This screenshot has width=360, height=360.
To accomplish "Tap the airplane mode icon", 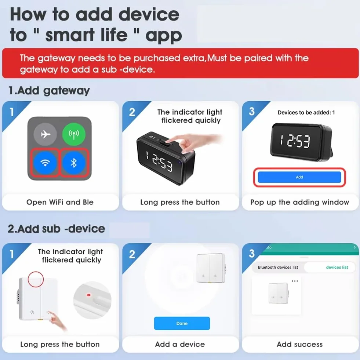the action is [45, 134].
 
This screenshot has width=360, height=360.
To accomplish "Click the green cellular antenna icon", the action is [74, 134].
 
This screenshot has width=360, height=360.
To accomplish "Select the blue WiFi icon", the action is [45, 163].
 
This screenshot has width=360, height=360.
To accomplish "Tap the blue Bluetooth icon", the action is [74, 163].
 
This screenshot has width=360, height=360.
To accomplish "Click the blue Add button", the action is [299, 177].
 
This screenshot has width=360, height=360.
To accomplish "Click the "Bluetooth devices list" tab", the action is [278, 267].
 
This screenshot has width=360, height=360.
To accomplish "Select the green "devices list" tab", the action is [337, 267].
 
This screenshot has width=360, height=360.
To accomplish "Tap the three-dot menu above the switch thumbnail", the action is [295, 281].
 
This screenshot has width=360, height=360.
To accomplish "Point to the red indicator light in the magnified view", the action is [88, 295].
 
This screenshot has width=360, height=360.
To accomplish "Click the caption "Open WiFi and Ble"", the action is [60, 202].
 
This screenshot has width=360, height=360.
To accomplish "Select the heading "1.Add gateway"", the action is [49, 91].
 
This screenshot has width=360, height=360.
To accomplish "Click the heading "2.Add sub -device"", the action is [56, 229].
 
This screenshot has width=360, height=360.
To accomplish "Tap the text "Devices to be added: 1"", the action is [306, 113].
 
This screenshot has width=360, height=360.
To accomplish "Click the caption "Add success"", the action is [299, 344].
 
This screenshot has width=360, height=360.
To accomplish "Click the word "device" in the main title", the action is [149, 14].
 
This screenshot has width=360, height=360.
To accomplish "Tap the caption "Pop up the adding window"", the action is [299, 202].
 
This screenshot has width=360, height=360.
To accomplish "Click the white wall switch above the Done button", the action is [211, 268].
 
